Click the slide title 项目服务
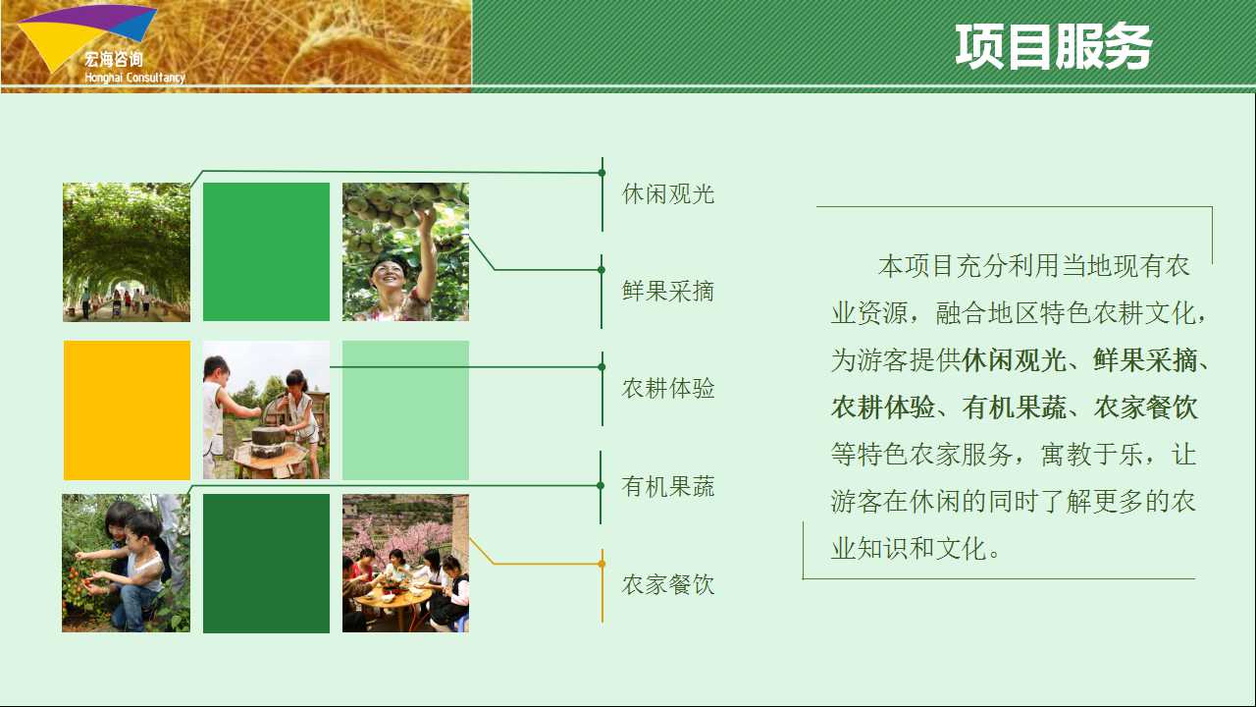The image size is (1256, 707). pos(1053,46)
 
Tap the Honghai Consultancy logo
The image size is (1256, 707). pos(101,44)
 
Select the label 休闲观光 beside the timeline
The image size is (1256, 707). pos(668,194)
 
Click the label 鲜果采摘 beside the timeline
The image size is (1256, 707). pos(668,292)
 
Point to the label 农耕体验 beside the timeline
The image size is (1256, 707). pos(668,388)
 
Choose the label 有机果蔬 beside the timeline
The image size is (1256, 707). pos(668,486)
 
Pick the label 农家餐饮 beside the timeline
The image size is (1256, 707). pos(668,584)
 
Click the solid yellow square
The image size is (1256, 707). pos(127,410)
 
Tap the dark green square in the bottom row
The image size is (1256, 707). pos(266,564)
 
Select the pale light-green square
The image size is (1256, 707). pos(405,410)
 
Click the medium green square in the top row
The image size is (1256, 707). pos(266,252)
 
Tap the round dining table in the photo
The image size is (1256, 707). pos(392,600)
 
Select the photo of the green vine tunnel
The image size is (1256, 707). pos(127,252)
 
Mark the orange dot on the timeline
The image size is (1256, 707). pos(602,564)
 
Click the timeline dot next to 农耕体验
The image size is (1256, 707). pos(602,367)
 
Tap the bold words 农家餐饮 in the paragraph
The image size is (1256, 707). pos(1145,408)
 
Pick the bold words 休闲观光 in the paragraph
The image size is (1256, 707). pos(1015,360)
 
